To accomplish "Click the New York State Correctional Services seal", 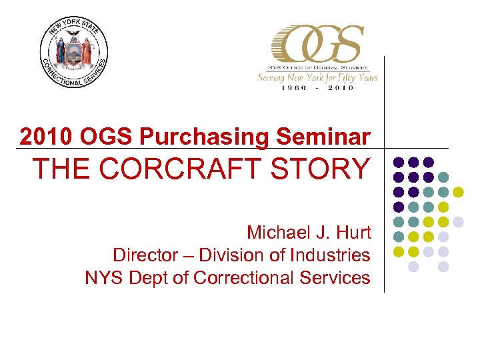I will coord(74,53).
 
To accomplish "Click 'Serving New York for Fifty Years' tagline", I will coord(318,77).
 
